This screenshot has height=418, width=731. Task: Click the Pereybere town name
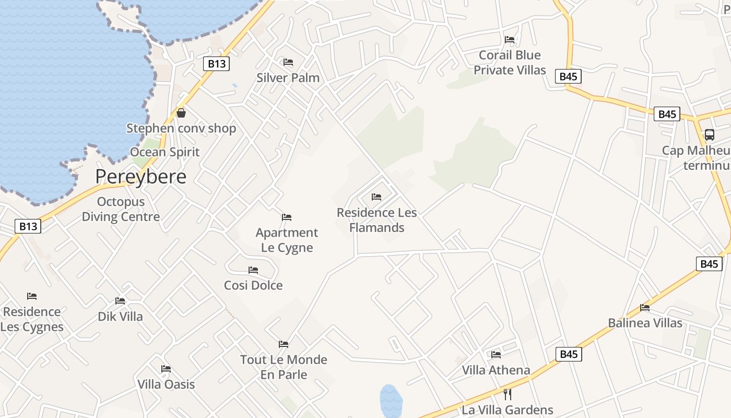tap(140, 177)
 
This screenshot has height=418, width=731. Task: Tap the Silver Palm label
tap(288, 78)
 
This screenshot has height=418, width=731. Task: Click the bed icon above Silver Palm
tap(288, 62)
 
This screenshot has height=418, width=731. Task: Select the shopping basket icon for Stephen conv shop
tap(181, 112)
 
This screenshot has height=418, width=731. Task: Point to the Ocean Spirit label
tap(164, 152)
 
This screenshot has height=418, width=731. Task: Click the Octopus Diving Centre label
tap(121, 209)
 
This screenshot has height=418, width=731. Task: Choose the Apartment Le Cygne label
tap(287, 240)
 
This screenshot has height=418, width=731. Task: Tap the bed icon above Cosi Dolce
tap(253, 270)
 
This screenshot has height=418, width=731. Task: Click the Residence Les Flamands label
tap(376, 220)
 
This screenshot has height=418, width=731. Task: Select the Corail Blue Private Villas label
tap(510, 62)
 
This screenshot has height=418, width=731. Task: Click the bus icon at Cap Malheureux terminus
tap(709, 134)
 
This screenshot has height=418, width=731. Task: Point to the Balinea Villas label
tap(645, 323)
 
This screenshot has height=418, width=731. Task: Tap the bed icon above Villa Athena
tap(496, 354)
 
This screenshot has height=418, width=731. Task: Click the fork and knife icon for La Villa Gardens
tap(506, 394)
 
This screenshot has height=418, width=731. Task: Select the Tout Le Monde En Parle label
tap(284, 367)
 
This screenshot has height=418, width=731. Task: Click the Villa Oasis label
tap(166, 385)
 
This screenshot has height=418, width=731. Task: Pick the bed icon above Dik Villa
tap(120, 301)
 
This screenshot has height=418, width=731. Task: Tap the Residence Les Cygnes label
tap(32, 319)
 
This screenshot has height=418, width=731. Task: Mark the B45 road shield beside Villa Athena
tap(568, 354)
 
